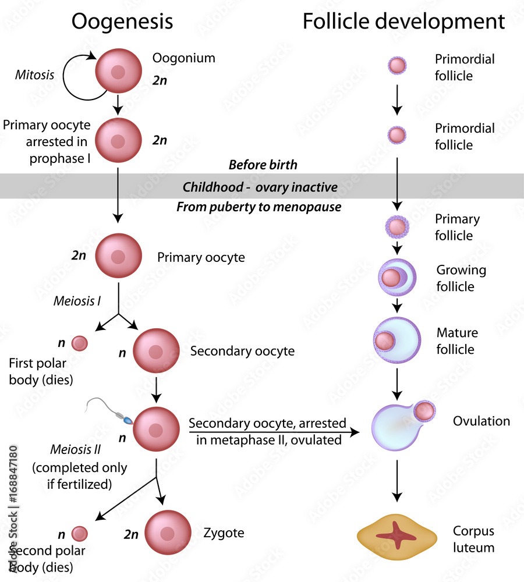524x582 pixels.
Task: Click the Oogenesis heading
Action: click(x=122, y=22)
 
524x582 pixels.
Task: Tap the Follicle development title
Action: click(x=403, y=22)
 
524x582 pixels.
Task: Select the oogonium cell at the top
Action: click(x=118, y=72)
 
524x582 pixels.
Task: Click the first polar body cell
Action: click(x=79, y=344)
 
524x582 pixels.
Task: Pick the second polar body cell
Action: click(x=79, y=533)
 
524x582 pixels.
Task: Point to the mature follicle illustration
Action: click(x=396, y=340)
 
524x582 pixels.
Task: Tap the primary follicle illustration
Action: click(x=397, y=227)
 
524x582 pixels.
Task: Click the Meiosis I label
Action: click(x=77, y=301)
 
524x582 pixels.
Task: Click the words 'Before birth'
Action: click(x=263, y=165)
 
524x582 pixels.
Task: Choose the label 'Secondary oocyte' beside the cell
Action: click(x=242, y=351)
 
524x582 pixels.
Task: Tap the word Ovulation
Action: click(x=481, y=421)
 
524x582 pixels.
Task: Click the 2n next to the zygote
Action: click(x=132, y=533)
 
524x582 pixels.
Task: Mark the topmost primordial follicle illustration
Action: click(x=397, y=65)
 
